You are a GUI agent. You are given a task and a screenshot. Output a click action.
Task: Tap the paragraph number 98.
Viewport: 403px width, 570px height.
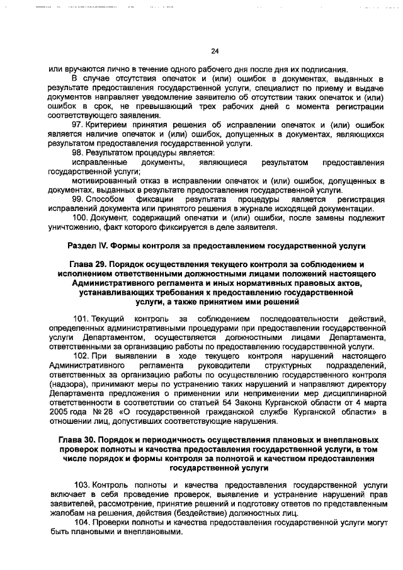(x=77, y=153)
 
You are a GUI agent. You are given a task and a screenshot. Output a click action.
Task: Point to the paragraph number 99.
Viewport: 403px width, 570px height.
(x=77, y=199)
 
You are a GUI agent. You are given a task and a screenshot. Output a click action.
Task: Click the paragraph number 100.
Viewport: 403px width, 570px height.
(x=80, y=218)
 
